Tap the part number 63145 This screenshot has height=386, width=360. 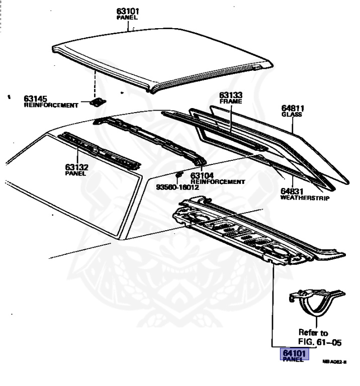35,98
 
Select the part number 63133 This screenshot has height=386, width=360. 230,94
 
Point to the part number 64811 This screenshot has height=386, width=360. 293,108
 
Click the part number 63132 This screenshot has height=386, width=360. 76,166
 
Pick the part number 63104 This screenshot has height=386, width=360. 202,175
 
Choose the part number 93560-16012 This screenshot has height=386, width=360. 177,187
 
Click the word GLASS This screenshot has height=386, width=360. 292,115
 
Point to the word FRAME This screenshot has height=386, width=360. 230,101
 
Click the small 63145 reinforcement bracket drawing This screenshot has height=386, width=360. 97,102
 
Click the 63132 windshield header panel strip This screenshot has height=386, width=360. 98,149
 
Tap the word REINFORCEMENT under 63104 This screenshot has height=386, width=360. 218,181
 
